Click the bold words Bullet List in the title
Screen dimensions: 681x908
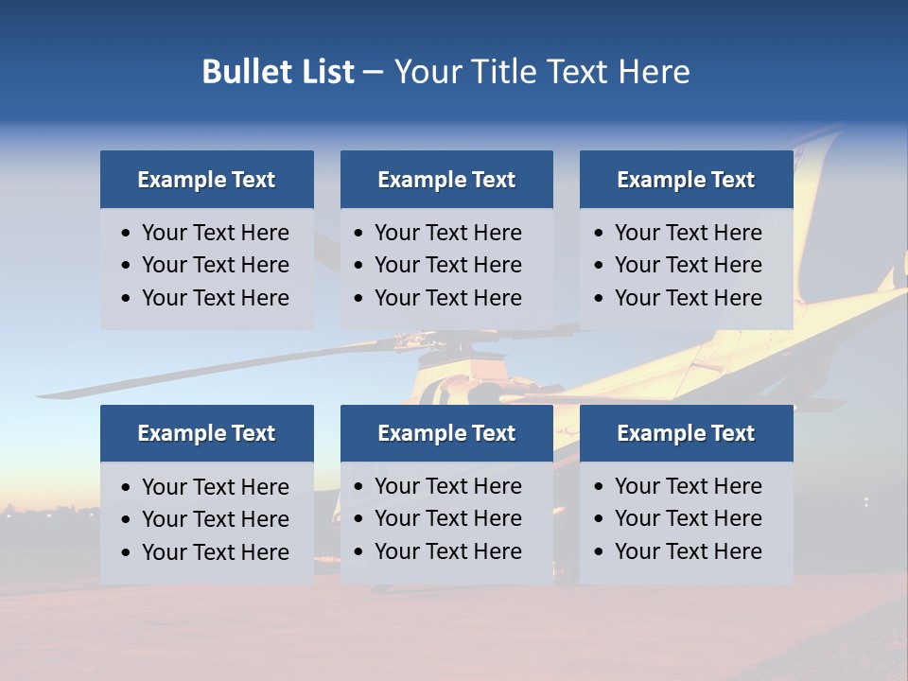click(x=277, y=72)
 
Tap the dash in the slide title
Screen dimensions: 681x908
click(x=373, y=72)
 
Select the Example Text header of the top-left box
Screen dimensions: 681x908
click(x=206, y=180)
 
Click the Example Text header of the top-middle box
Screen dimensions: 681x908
click(x=446, y=180)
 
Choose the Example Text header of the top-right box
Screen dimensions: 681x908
click(x=686, y=180)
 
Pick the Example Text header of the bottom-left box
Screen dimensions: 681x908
click(x=206, y=433)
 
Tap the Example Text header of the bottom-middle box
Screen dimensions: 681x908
click(x=446, y=433)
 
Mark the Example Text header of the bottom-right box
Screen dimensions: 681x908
click(x=686, y=433)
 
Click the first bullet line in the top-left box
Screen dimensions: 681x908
click(x=215, y=233)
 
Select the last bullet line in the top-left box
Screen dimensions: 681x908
click(x=215, y=298)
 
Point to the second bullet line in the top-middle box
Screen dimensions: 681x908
click(x=447, y=265)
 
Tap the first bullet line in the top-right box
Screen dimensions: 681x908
click(x=688, y=233)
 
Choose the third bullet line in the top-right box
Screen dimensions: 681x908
click(x=688, y=298)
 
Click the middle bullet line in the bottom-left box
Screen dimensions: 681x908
click(x=215, y=519)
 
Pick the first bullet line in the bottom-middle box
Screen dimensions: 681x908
click(x=447, y=486)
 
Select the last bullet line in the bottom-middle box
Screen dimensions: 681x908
click(x=447, y=551)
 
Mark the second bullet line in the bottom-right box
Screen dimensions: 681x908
click(x=688, y=518)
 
